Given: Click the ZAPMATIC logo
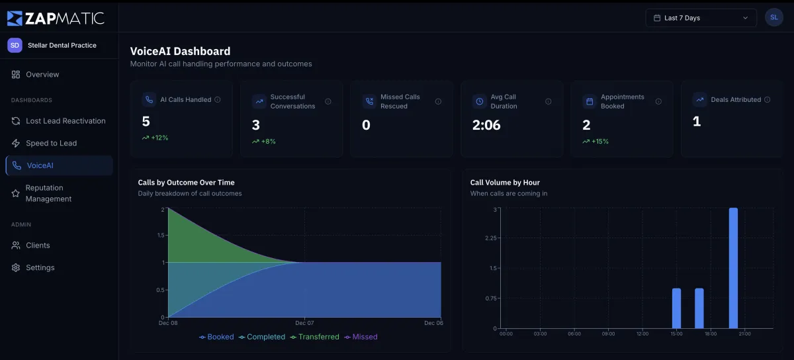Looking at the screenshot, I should pos(56,18).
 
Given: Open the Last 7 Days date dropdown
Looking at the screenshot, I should pos(701,18).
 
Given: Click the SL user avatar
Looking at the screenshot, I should pos(773,18).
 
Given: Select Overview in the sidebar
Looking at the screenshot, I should pos(42,75).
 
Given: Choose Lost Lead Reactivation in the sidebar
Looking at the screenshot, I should pos(66,121).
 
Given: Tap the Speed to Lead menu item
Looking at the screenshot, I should pos(51,143).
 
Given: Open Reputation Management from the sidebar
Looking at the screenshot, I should pos(48,193).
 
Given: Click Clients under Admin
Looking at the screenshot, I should pos(38,246).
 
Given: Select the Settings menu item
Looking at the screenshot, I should pos(40,268).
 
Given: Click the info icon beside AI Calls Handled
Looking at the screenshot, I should pos(218,100).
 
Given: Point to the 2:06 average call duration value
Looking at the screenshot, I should pos(486,125).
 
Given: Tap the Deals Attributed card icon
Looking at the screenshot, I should pos(699,100).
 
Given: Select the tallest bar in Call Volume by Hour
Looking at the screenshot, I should pos(733,268).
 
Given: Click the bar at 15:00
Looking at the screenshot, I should pos(676,308).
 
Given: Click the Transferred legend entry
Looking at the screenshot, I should pos(318,337).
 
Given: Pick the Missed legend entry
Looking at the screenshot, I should pos(365,337).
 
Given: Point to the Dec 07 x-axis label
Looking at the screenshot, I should pos(304,323).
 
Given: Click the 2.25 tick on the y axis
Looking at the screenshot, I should pos(490,238).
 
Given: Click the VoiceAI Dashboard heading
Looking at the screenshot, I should pos(180,51).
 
